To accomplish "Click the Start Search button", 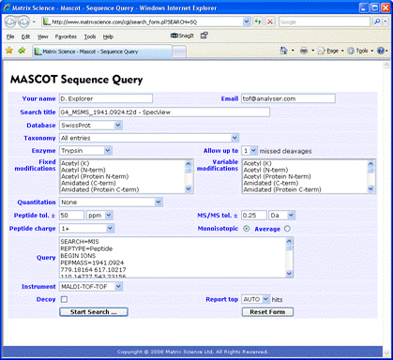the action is coord(93,310).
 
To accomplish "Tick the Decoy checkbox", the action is coord(64,299).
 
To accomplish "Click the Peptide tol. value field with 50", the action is coord(70,215).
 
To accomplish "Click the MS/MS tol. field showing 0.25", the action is coord(251,215).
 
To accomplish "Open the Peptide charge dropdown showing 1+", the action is coord(80,227).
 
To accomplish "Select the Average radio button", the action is coord(287,227).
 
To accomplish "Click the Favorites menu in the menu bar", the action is coord(66,36).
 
